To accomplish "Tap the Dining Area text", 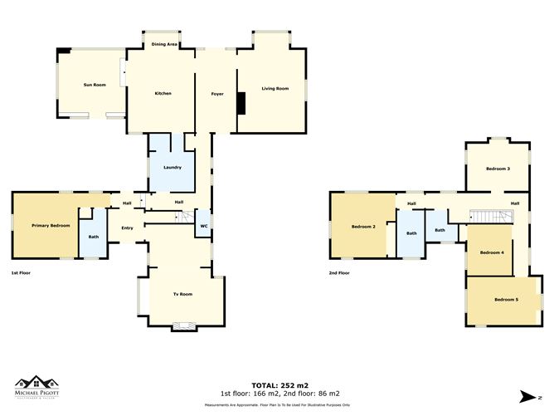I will [x=164, y=44].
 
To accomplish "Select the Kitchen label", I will [x=163, y=93].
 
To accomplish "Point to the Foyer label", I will [x=216, y=93].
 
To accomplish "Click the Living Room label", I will [x=275, y=88].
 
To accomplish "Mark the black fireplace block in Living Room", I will [x=241, y=103].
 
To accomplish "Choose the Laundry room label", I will [x=173, y=168].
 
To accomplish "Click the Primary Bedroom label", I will [x=51, y=225].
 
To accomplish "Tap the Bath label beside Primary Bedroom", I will [x=94, y=237].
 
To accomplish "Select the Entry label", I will [x=127, y=228].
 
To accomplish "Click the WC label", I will [x=203, y=226].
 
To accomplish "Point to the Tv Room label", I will [x=182, y=295].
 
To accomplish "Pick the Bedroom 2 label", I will [x=363, y=227].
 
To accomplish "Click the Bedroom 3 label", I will [x=497, y=169].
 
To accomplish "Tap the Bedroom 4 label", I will [x=492, y=252].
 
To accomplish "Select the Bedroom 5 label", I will [x=506, y=299].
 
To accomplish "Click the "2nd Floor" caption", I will [x=338, y=272].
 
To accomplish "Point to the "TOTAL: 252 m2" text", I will [x=276, y=385].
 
